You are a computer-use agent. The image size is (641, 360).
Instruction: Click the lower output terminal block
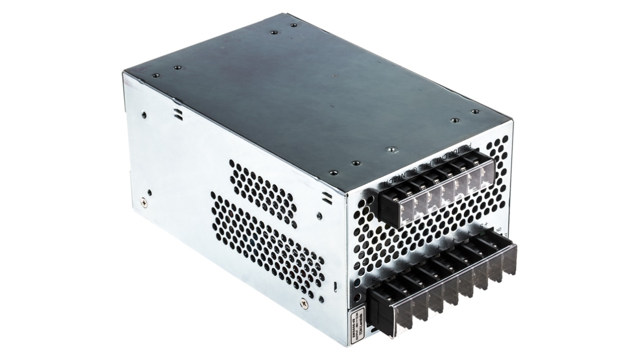point(440,282)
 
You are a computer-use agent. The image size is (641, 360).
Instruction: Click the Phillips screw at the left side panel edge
point(144,203)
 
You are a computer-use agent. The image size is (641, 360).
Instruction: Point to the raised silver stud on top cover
point(391,149)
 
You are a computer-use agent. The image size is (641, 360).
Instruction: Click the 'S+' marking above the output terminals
point(484,224)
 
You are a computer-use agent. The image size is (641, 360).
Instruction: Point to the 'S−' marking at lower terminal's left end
point(373,281)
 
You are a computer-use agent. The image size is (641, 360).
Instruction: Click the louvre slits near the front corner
point(327,197)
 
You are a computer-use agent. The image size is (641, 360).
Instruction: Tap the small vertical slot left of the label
point(335,286)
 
